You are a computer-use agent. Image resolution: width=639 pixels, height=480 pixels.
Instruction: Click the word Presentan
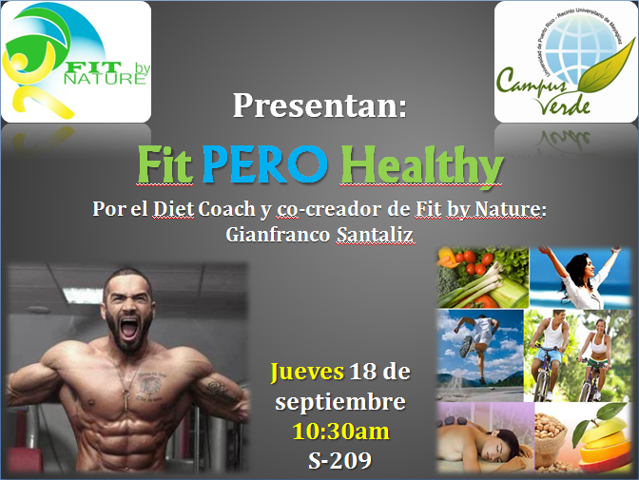pyautogui.click(x=319, y=106)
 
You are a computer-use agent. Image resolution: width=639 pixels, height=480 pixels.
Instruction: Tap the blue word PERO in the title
pyautogui.click(x=265, y=164)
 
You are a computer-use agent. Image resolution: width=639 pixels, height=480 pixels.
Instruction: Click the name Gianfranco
pyautogui.click(x=278, y=235)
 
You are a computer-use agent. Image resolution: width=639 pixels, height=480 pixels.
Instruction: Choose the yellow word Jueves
pyautogui.click(x=307, y=373)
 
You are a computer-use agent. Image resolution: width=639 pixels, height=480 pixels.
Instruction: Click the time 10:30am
pyautogui.click(x=340, y=432)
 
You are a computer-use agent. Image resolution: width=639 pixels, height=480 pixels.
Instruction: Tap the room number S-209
pyautogui.click(x=339, y=460)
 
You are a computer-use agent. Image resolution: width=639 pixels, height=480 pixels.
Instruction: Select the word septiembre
pyautogui.click(x=340, y=403)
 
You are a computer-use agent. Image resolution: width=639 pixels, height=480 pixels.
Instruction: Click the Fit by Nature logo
pyautogui.click(x=76, y=62)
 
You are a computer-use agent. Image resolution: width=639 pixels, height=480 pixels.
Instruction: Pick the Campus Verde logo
pyautogui.click(x=565, y=62)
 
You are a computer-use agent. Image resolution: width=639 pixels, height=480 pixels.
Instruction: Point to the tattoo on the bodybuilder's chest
pyautogui.click(x=151, y=385)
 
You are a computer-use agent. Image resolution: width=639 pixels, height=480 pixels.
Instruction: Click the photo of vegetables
pyautogui.click(x=482, y=278)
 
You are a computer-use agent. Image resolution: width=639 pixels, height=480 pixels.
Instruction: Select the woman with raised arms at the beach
pyautogui.click(x=581, y=278)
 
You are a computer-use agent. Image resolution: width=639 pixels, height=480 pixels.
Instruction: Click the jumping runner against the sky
pyautogui.click(x=477, y=346)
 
